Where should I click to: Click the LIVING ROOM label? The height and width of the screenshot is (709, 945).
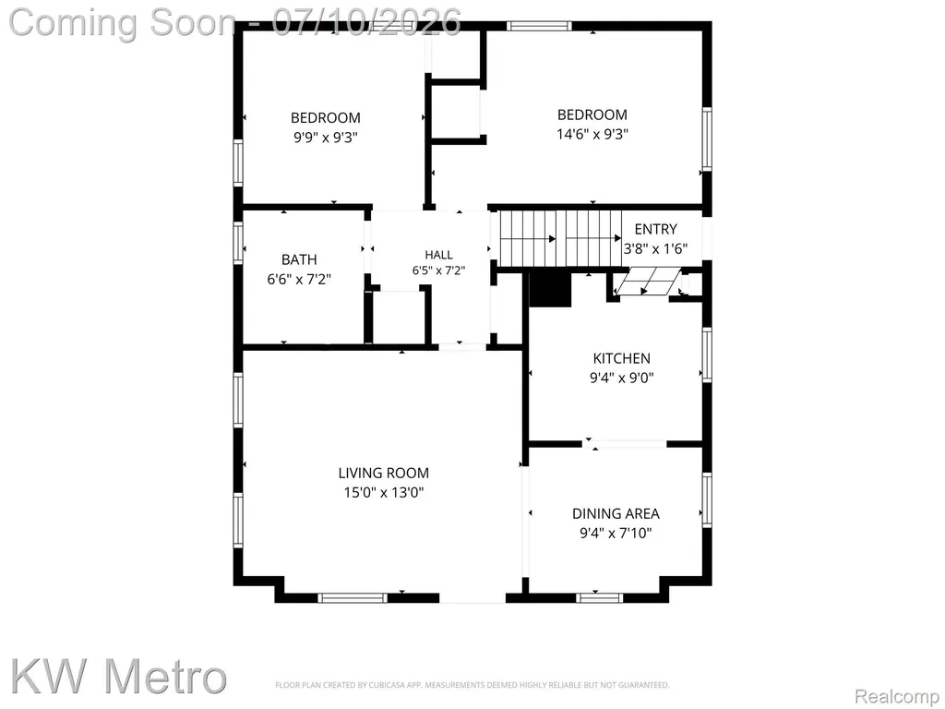click(383, 474)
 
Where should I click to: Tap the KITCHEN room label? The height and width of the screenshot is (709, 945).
click(621, 359)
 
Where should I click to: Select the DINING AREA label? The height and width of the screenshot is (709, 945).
click(616, 513)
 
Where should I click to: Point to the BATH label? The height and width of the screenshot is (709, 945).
click(299, 259)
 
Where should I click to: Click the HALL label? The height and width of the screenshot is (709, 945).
click(438, 255)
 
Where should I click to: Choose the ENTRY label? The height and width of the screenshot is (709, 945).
click(656, 229)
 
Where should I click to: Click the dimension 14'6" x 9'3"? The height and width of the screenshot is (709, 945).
click(592, 134)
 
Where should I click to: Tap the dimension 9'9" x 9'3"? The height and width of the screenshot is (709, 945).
click(326, 137)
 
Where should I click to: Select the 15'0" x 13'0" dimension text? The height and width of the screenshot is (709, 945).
click(384, 493)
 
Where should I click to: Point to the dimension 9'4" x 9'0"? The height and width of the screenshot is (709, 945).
click(621, 378)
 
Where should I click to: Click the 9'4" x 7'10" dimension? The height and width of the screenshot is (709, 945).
click(616, 533)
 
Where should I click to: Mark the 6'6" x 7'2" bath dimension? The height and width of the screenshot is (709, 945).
click(299, 279)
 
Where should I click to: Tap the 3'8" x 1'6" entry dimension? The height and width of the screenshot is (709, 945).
click(656, 248)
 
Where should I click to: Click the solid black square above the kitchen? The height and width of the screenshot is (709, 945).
click(550, 289)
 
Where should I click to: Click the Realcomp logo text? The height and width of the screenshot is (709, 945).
click(897, 696)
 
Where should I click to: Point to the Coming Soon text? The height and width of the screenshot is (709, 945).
click(123, 23)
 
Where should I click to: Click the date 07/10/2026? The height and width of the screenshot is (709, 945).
click(367, 22)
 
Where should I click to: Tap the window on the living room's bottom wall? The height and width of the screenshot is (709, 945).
click(353, 598)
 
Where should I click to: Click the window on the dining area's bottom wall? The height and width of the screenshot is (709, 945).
click(599, 598)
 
